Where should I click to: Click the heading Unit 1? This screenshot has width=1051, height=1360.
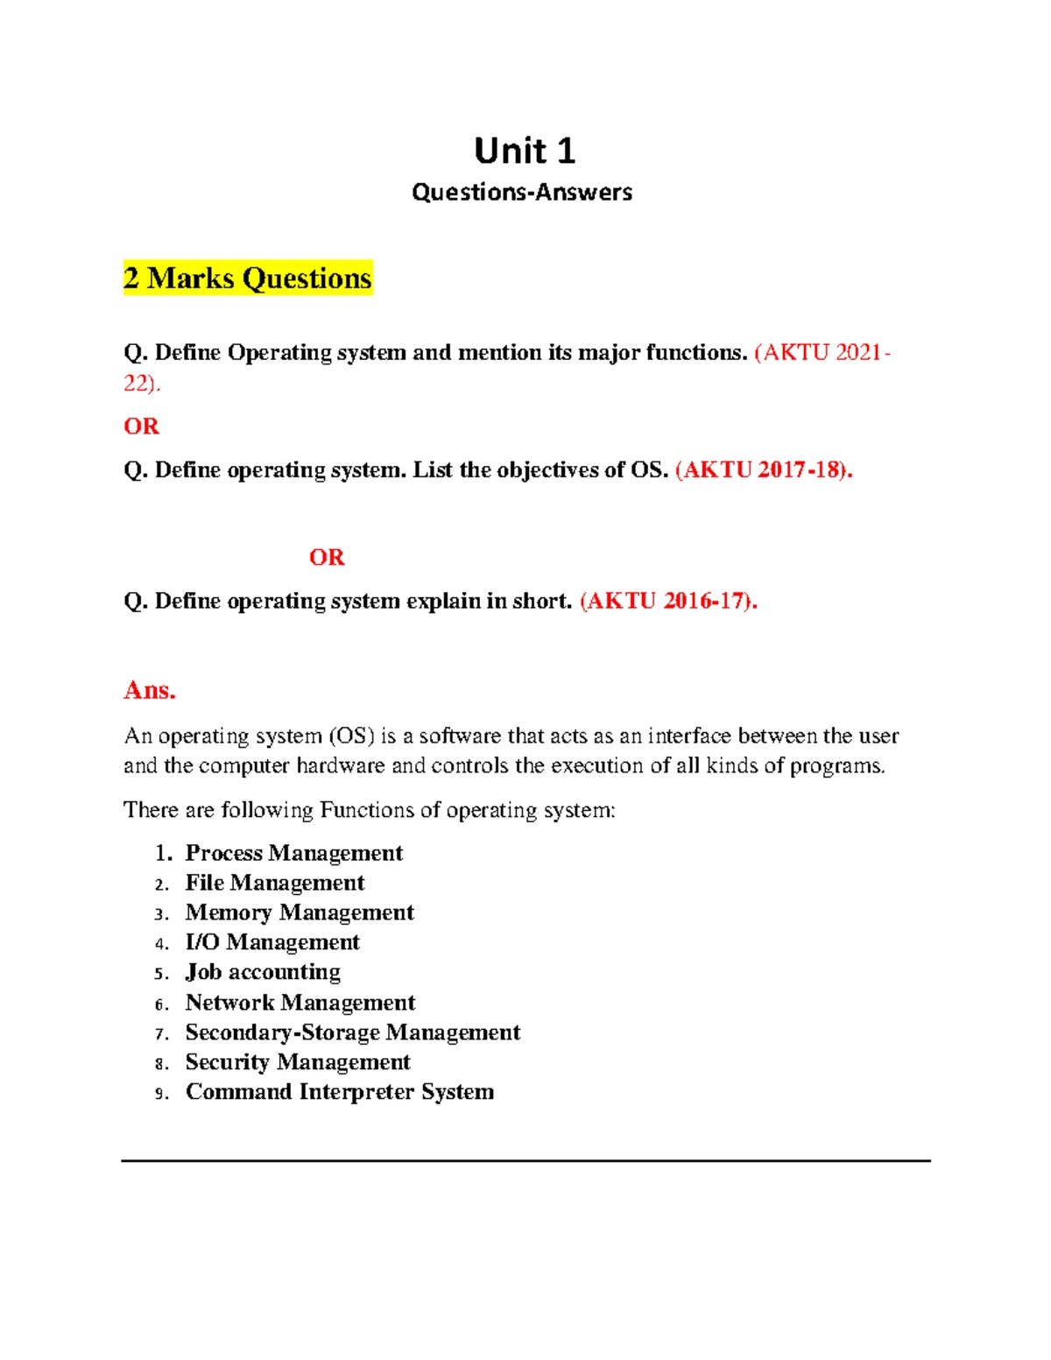pyautogui.click(x=525, y=151)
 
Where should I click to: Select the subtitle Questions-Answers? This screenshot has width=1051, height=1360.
pyautogui.click(x=522, y=193)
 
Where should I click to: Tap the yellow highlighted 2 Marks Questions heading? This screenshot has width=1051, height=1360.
pyautogui.click(x=248, y=278)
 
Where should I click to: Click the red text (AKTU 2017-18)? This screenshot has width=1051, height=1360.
pyautogui.click(x=764, y=470)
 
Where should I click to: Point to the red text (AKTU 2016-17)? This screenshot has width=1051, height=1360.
pyautogui.click(x=668, y=602)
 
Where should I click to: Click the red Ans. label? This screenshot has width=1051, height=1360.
pyautogui.click(x=150, y=690)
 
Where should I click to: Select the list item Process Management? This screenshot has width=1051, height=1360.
pyautogui.click(x=294, y=853)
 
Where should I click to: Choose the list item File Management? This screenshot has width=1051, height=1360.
pyautogui.click(x=275, y=883)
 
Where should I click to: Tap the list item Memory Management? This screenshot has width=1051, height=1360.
pyautogui.click(x=300, y=913)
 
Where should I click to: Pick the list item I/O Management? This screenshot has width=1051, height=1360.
pyautogui.click(x=272, y=942)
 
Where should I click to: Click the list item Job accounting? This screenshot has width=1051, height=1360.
pyautogui.click(x=263, y=972)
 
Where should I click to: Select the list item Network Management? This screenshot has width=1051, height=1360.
pyautogui.click(x=300, y=1003)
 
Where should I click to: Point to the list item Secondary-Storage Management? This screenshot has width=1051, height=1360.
pyautogui.click(x=353, y=1032)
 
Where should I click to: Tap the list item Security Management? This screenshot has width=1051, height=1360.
pyautogui.click(x=298, y=1062)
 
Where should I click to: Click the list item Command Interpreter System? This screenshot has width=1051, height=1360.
pyautogui.click(x=340, y=1092)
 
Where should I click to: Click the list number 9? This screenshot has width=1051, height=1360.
pyautogui.click(x=160, y=1094)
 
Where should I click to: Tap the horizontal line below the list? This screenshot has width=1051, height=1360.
pyautogui.click(x=525, y=1161)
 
